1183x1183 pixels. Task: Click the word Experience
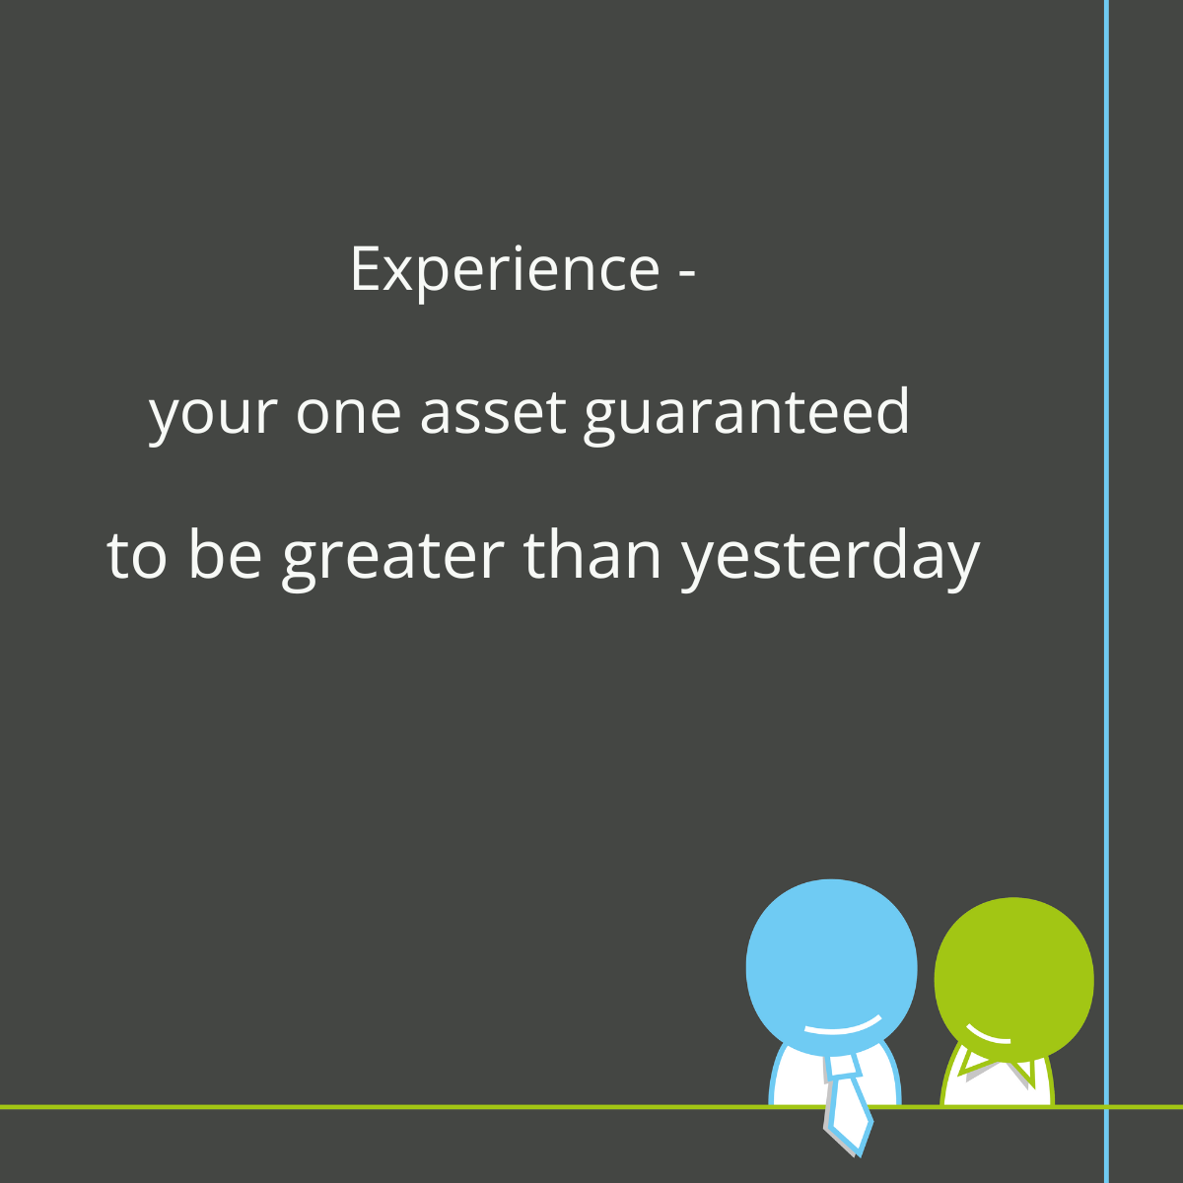click(x=505, y=270)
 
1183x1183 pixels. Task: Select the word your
click(x=213, y=414)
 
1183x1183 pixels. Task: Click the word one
click(x=348, y=413)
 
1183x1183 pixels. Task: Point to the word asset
click(x=492, y=411)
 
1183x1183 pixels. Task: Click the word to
click(x=136, y=556)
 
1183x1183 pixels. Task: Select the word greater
click(x=393, y=559)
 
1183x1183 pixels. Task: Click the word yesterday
click(x=830, y=559)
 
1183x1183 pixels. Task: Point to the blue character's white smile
click(x=843, y=1026)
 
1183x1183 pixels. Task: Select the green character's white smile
click(x=987, y=1035)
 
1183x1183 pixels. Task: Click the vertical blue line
click(x=1106, y=591)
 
